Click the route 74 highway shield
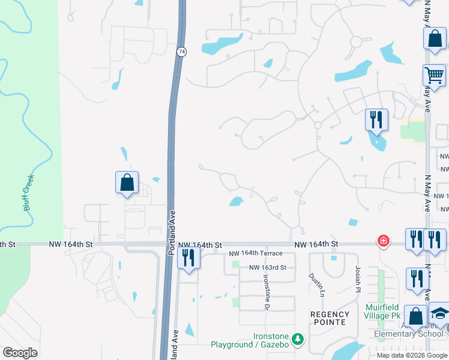click(x=181, y=52)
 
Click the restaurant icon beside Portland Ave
click(x=189, y=258)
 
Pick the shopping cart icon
click(x=433, y=76)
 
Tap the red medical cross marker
click(x=382, y=241)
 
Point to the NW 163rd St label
click(x=272, y=267)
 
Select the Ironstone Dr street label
click(x=266, y=292)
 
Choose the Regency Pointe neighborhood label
click(x=330, y=318)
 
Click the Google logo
click(x=20, y=352)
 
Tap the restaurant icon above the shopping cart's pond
click(x=376, y=120)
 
